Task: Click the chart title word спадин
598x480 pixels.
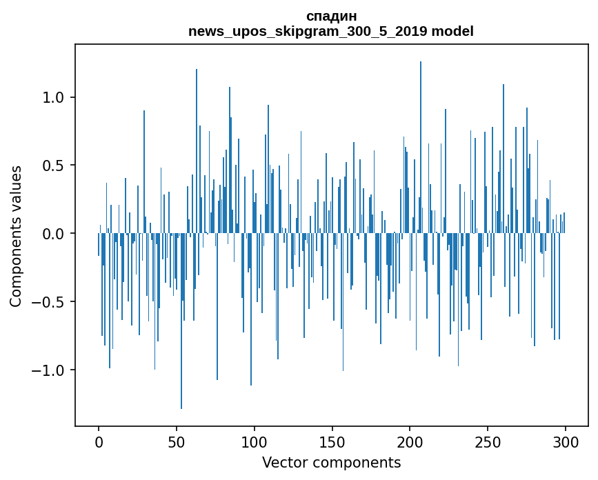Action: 331,17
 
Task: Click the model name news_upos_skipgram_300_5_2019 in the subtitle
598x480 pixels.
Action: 308,31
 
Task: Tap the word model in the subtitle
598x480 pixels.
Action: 452,31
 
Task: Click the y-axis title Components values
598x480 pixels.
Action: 16,237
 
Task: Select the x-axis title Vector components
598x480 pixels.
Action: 331,463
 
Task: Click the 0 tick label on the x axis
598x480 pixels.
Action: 99,443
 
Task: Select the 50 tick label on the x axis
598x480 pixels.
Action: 177,443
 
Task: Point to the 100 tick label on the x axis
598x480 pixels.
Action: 255,443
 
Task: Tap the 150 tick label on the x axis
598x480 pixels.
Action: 332,443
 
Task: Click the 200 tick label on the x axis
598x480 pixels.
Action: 410,443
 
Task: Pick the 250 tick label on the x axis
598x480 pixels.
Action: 488,443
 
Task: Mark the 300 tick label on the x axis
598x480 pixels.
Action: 566,443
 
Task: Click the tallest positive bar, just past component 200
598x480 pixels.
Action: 421,147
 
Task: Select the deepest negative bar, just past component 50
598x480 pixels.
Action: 181,321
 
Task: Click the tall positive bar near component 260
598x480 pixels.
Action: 504,159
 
